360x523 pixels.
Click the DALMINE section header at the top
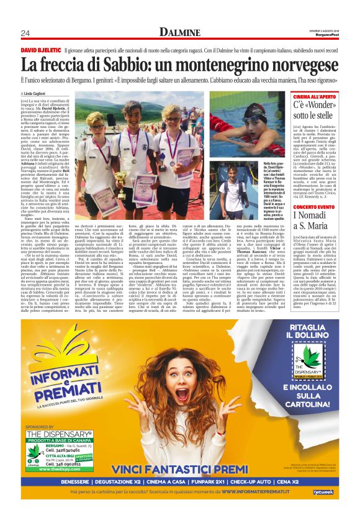click(180, 31)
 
